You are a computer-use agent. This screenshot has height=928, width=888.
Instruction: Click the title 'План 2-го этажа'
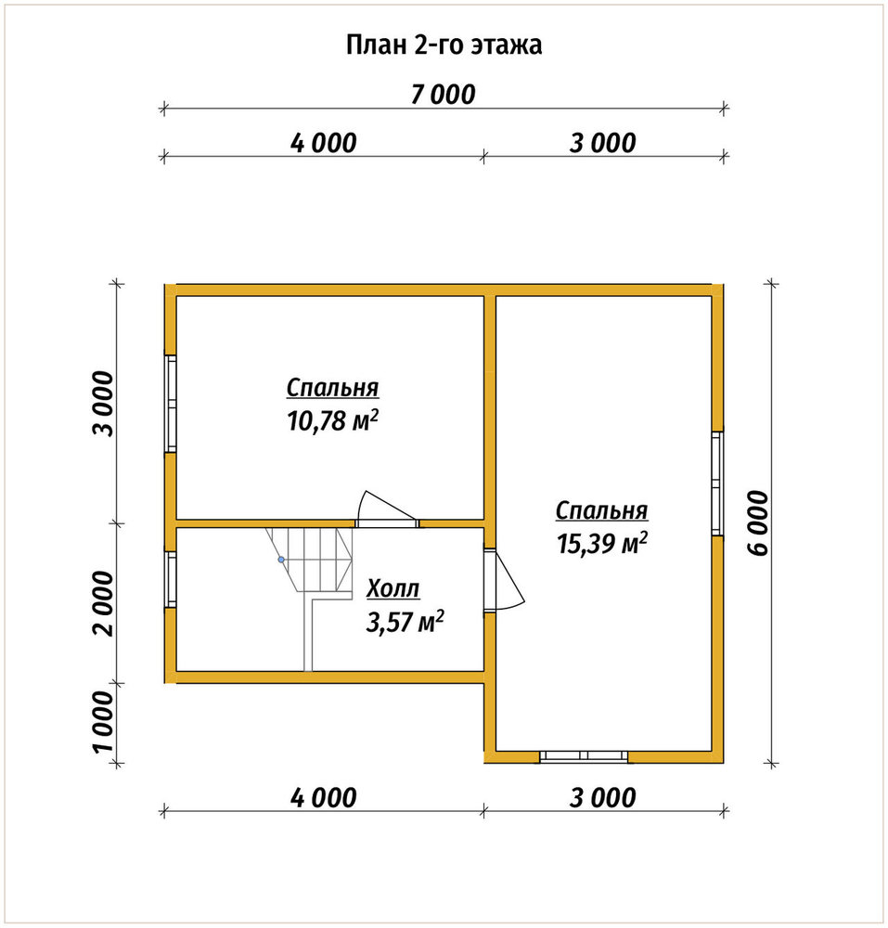tap(444, 45)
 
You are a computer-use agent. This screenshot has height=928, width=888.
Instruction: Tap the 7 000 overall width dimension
tap(444, 95)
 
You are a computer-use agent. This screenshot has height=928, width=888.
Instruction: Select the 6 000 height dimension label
tap(758, 523)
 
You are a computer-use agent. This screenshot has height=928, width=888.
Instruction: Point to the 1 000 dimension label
tap(104, 721)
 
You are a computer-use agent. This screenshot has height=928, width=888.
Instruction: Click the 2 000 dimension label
tap(104, 604)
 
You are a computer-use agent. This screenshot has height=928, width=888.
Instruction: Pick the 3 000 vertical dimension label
tap(104, 404)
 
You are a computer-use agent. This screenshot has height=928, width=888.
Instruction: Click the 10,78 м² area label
tap(332, 420)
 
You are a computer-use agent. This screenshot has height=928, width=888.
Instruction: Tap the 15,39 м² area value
tap(601, 543)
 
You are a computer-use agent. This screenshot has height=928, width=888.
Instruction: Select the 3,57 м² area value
tap(405, 622)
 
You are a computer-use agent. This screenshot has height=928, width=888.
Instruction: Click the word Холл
tap(393, 589)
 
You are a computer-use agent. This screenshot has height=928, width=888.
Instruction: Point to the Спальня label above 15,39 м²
tap(601, 510)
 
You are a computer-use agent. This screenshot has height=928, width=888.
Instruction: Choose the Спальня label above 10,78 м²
tap(332, 388)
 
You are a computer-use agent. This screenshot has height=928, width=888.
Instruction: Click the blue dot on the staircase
tap(281, 560)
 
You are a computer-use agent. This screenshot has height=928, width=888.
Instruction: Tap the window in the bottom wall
tap(584, 755)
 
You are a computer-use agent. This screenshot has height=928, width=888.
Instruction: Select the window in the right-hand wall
tap(717, 483)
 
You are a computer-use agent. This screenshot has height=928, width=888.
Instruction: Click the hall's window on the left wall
tap(171, 579)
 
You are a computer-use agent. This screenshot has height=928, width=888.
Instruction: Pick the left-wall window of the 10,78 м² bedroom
tap(171, 404)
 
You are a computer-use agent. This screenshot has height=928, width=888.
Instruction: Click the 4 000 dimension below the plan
tap(324, 798)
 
